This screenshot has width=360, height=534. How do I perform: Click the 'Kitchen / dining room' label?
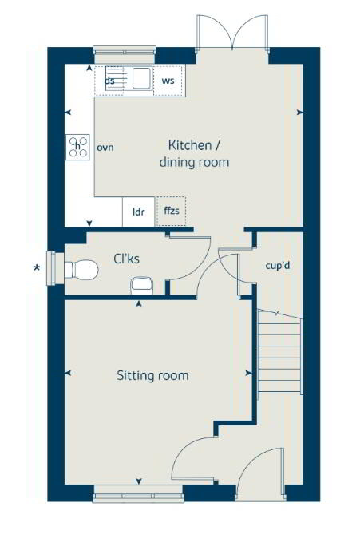click(198, 153)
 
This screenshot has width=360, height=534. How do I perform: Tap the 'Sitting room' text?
click(152, 375)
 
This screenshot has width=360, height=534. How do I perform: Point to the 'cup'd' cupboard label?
click(276, 265)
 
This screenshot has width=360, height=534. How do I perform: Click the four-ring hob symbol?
click(78, 147)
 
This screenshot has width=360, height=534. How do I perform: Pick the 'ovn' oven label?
click(106, 148)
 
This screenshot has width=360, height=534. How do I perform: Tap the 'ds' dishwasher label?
click(110, 81)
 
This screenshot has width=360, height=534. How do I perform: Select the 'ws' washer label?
click(168, 81)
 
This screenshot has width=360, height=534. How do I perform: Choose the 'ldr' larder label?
click(139, 212)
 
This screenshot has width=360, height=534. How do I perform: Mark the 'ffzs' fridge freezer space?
click(171, 212)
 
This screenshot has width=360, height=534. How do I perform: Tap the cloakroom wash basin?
click(142, 283)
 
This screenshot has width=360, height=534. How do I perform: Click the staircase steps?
click(279, 355)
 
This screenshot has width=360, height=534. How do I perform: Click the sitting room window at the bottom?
click(139, 496)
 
